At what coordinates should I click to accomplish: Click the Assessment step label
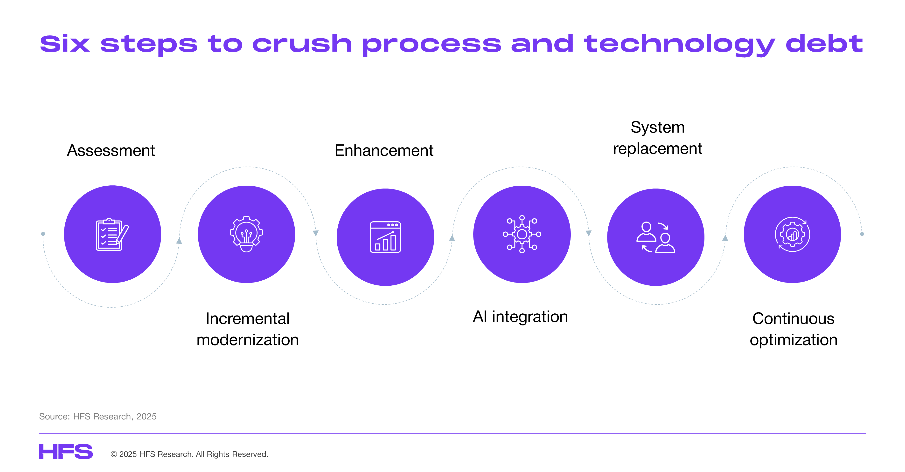pyautogui.click(x=111, y=151)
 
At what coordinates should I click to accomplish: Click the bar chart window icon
pyautogui.click(x=385, y=237)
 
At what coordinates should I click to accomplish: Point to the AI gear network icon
pyautogui.click(x=522, y=234)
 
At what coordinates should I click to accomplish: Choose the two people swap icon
pyautogui.click(x=655, y=237)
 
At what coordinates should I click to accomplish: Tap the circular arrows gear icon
pyautogui.click(x=793, y=234)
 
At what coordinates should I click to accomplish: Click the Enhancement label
pyautogui.click(x=384, y=151)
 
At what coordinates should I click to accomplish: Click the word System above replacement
pyautogui.click(x=658, y=127)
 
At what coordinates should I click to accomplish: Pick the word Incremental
pyautogui.click(x=248, y=319)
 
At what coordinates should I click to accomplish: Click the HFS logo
pyautogui.click(x=66, y=452)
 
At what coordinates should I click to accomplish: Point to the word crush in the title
pyautogui.click(x=302, y=44)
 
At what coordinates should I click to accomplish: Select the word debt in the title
pyautogui.click(x=824, y=44)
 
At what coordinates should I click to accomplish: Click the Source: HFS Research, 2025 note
pyautogui.click(x=98, y=417)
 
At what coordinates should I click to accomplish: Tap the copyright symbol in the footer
pyautogui.click(x=114, y=454)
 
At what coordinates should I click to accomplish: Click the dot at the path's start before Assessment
pyautogui.click(x=43, y=234)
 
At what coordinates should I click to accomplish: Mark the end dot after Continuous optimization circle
pyautogui.click(x=862, y=234)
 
